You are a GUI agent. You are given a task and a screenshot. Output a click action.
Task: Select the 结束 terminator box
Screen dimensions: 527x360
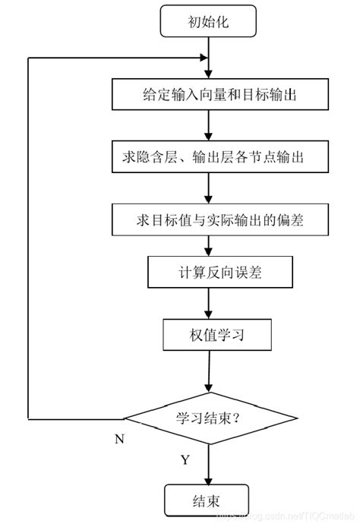click(x=207, y=500)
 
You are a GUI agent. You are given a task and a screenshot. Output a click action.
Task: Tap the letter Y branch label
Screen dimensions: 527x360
click(x=185, y=460)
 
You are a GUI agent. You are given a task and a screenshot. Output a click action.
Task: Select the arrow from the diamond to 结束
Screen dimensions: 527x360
click(x=208, y=463)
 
